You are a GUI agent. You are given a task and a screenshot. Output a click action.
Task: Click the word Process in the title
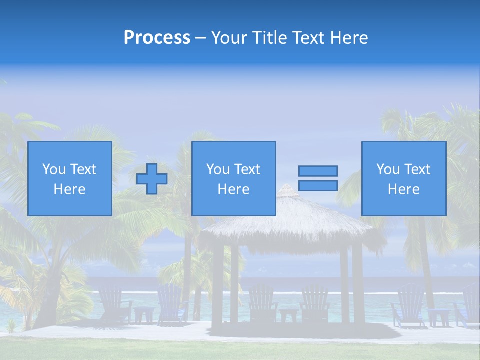coord(157,38)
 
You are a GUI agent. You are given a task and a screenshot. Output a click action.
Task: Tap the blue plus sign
coord(152,179)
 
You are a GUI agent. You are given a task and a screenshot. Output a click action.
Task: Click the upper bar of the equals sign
coord(318,171)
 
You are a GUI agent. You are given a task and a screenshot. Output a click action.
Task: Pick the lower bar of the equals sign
coord(318,186)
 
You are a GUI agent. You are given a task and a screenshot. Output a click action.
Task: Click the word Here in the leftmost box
coord(70,189)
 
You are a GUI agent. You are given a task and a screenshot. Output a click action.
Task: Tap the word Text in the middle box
coord(248,169)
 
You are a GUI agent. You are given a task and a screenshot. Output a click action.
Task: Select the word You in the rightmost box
coord(388,169)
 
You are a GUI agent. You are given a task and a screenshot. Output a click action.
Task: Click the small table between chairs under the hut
coord(288,315)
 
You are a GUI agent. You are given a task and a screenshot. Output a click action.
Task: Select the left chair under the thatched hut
coord(262,302)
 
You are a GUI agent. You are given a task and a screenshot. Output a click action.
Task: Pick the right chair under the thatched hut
coord(314,302)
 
